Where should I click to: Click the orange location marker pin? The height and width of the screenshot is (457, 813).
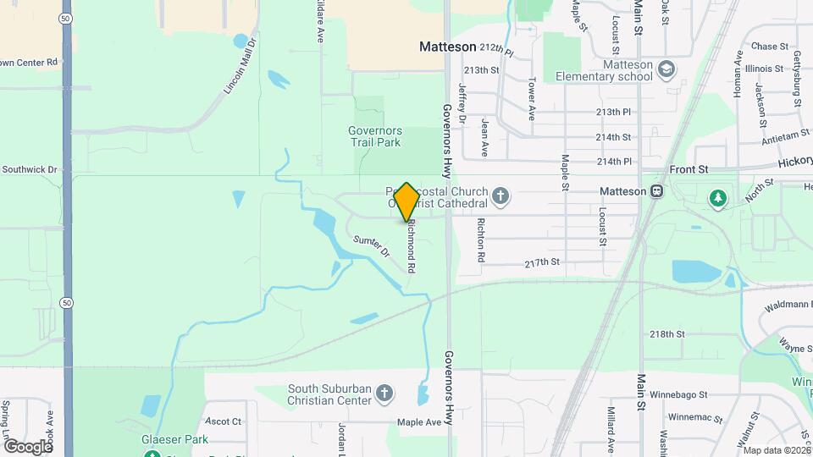pyautogui.click(x=406, y=201)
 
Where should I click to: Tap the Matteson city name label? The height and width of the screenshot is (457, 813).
pyautogui.click(x=448, y=47)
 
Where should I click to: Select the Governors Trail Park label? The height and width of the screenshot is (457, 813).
pyautogui.click(x=374, y=136)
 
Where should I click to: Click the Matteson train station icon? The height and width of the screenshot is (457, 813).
pyautogui.click(x=656, y=191)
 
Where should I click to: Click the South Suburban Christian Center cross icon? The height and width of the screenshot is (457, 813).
pyautogui.click(x=384, y=394)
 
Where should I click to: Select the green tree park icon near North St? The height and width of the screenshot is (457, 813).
pyautogui.click(x=718, y=198)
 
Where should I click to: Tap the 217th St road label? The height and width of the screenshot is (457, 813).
pyautogui.click(x=542, y=262)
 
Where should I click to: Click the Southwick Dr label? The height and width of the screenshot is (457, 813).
pyautogui.click(x=29, y=169)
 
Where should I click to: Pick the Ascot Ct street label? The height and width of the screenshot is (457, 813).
pyautogui.click(x=224, y=421)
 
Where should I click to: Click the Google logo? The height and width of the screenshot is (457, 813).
pyautogui.click(x=28, y=446)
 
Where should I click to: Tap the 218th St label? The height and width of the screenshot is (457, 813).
pyautogui.click(x=666, y=334)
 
